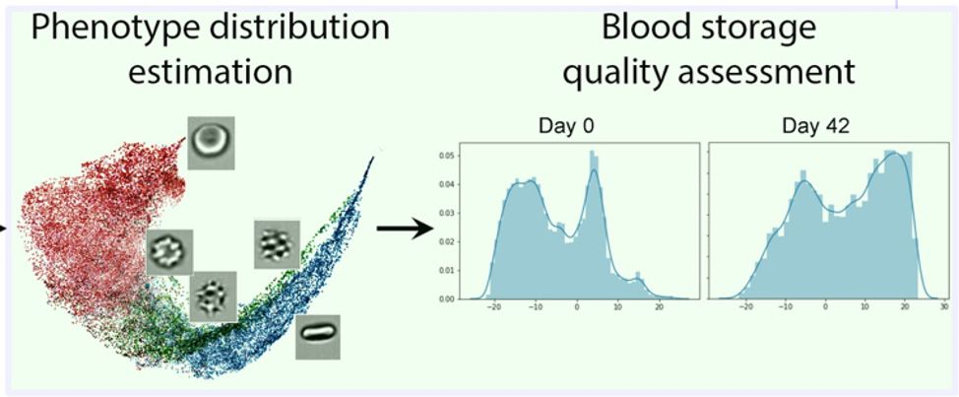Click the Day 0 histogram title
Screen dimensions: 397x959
(x=568, y=125)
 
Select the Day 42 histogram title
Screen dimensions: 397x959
(x=816, y=125)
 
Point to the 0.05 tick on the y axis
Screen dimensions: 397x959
(x=446, y=156)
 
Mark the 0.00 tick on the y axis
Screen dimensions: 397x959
(x=446, y=298)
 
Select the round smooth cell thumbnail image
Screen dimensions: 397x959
(x=211, y=140)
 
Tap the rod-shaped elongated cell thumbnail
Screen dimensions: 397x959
(x=318, y=337)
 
